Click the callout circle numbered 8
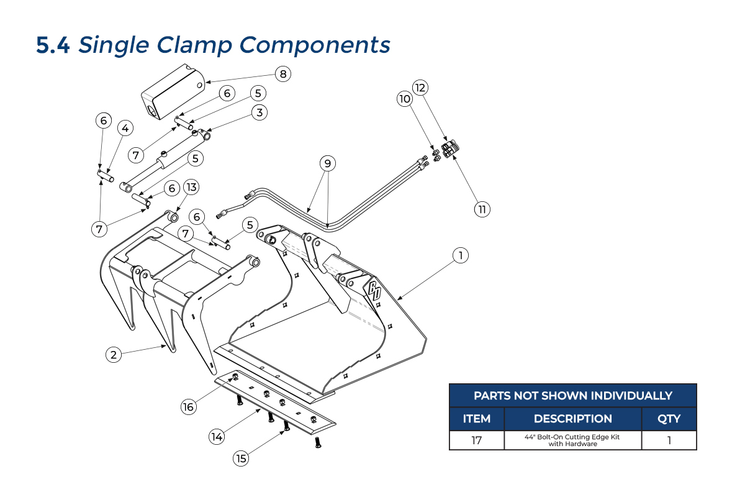tap(283, 74)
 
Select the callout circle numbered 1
tap(459, 255)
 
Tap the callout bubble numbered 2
tap(113, 355)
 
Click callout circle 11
tap(482, 209)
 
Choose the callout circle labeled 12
tap(421, 87)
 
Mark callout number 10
tap(405, 99)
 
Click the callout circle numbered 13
tap(191, 187)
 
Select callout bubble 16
tap(188, 407)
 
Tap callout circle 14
tap(216, 437)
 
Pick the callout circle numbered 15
tap(241, 458)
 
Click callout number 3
tap(260, 112)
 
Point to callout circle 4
tap(125, 129)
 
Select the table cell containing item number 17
tap(477, 440)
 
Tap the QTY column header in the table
tap(669, 419)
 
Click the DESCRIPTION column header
tap(572, 419)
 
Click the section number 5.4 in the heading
tap(53, 45)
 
